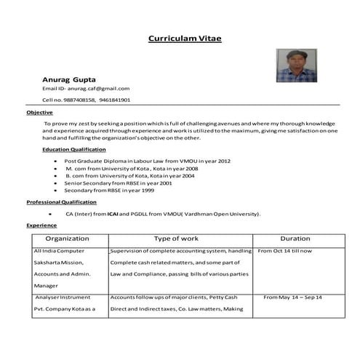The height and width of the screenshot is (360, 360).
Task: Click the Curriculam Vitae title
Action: (185, 38)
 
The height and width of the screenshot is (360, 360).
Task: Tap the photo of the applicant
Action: (296, 65)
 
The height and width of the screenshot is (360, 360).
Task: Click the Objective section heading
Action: (39, 113)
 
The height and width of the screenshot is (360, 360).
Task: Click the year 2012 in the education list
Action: (224, 160)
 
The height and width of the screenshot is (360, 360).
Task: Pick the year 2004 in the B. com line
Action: (188, 176)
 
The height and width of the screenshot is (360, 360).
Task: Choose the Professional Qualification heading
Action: (61, 201)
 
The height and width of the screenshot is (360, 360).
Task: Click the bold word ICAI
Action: (113, 214)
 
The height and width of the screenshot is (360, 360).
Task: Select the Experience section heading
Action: (41, 225)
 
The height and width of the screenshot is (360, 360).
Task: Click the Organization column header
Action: (67, 239)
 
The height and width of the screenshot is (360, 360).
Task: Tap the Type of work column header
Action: (176, 239)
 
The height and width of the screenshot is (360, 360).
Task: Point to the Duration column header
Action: (295, 239)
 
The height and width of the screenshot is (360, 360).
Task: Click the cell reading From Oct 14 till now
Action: (285, 251)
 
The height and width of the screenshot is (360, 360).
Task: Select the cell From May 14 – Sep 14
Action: (292, 297)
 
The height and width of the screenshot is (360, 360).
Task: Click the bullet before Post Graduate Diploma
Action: (56, 161)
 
